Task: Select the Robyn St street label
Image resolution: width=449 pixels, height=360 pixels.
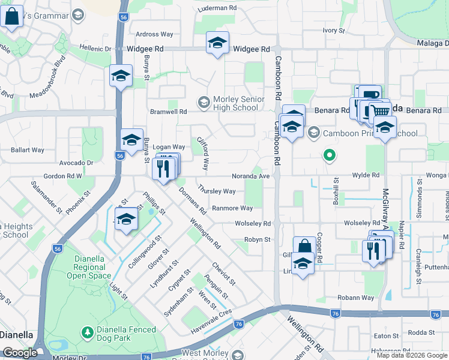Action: click(x=258, y=239)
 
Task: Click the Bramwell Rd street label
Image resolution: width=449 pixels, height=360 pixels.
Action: click(x=169, y=112)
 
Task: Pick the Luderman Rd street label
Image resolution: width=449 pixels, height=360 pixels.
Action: click(x=220, y=8)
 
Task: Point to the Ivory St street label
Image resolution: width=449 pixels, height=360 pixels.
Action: click(x=334, y=30)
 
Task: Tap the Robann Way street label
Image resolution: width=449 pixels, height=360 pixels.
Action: click(x=355, y=298)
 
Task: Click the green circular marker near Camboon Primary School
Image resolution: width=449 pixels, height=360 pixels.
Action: click(x=329, y=156)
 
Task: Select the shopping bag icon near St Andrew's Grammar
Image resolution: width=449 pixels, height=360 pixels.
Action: click(x=12, y=16)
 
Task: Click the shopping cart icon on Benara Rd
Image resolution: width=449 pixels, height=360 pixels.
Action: click(x=379, y=110)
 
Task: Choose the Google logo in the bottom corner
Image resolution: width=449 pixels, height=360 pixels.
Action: click(x=20, y=353)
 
